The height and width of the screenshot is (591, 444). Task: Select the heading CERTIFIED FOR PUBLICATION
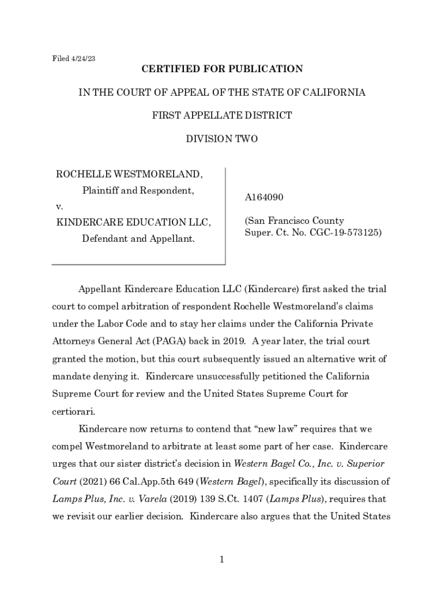222,69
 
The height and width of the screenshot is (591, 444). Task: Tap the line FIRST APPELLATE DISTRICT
222,115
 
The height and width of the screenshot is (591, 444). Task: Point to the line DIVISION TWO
222,139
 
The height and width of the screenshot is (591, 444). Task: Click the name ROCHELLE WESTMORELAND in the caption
129,174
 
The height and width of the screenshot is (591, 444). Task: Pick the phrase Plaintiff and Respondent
138,190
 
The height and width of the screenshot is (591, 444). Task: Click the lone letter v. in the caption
59,206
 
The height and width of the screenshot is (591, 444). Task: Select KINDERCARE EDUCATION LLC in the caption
133,222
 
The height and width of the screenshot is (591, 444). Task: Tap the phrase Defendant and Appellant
138,238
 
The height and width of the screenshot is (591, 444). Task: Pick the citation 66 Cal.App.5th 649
142,482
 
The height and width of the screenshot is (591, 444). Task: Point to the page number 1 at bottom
222,559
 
